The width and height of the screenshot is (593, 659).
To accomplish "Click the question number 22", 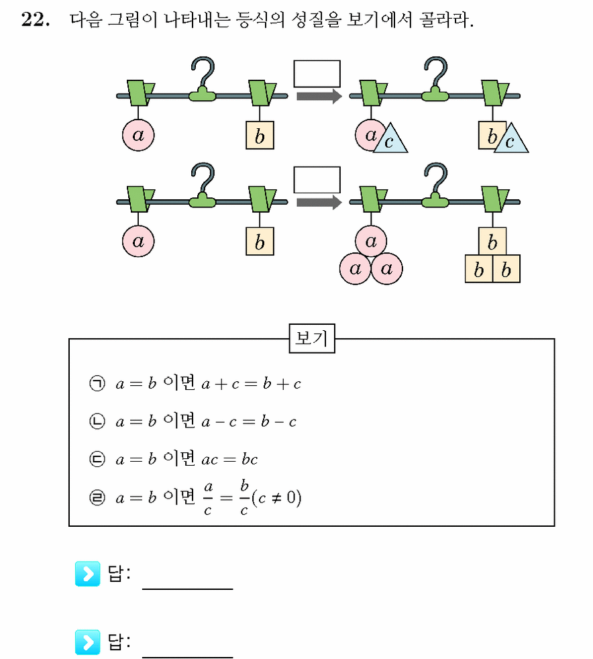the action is [36, 19].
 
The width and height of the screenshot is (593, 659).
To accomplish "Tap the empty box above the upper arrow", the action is [317, 74].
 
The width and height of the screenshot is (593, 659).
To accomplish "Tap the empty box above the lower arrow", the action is [317, 180].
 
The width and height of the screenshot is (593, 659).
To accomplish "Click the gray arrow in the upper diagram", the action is [319, 96].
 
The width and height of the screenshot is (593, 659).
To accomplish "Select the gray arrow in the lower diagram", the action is [319, 203].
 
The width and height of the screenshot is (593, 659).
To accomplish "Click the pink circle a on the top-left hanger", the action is [138, 136].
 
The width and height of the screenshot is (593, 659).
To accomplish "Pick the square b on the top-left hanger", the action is [260, 136].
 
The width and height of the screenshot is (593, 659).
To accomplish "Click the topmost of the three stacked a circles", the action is [371, 241].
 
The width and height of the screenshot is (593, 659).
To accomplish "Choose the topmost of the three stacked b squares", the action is [492, 241].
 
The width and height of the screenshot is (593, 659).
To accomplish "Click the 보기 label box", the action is [312, 338].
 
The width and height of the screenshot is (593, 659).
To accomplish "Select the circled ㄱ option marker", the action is [97, 383].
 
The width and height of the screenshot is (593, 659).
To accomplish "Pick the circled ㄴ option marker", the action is [97, 421].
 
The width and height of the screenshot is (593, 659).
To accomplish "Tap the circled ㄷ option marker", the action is [97, 459].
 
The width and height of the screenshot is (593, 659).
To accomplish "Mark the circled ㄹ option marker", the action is [97, 498].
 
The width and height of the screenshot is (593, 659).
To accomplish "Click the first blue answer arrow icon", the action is [87, 574].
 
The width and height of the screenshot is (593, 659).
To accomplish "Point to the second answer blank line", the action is [187, 657].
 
